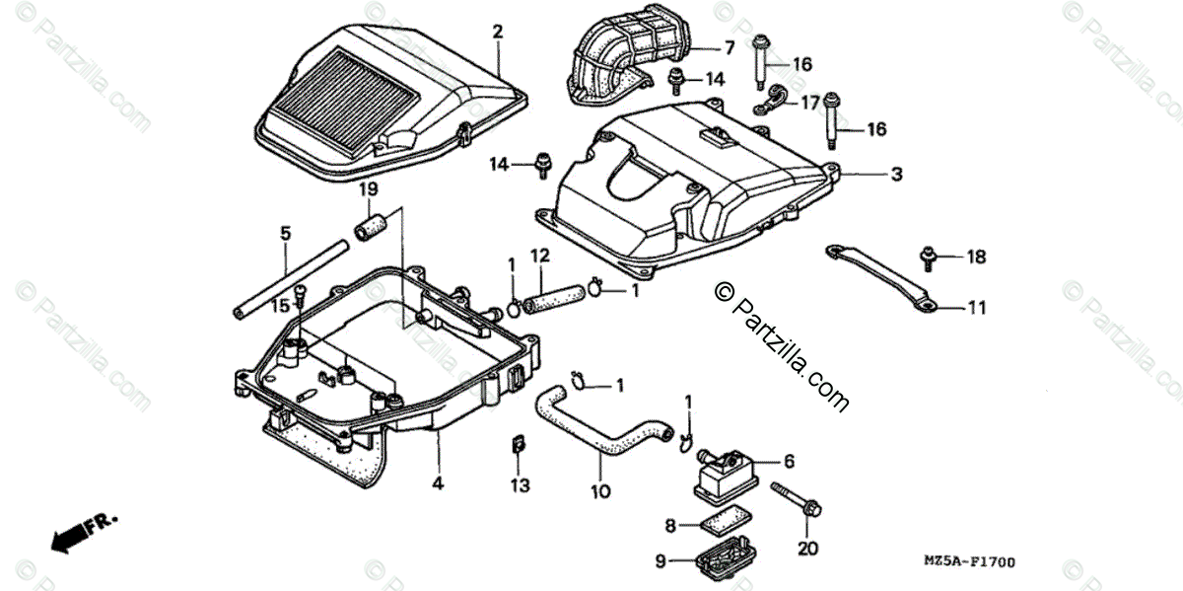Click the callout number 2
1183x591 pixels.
[x=498, y=33]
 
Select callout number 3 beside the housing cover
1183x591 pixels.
[x=896, y=175]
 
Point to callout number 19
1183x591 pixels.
[x=368, y=188]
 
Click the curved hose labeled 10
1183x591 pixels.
[x=591, y=434]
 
